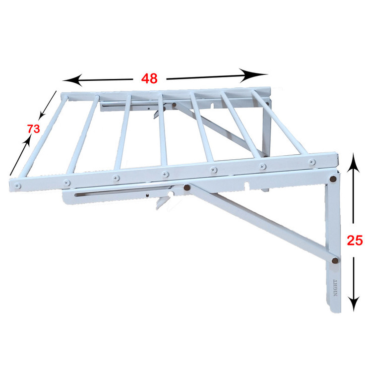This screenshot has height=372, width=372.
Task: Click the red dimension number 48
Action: [149, 78]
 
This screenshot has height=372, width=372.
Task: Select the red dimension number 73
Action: [33, 129]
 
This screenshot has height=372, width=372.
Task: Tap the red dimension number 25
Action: [355, 241]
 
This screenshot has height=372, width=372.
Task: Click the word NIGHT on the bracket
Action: [335, 288]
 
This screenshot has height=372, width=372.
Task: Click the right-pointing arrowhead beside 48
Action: [253, 75]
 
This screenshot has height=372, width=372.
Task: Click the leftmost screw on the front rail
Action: [17, 186]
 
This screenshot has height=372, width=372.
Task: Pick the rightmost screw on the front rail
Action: [312, 162]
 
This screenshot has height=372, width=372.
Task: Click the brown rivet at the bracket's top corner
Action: [333, 179]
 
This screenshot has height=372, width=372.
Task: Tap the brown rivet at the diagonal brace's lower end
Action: [335, 260]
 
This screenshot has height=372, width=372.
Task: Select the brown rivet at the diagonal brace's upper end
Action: [186, 188]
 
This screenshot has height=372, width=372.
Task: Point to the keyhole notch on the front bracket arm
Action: [247, 185]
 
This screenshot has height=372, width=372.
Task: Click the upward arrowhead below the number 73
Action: [27, 141]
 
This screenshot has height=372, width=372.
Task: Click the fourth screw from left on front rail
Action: [165, 175]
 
